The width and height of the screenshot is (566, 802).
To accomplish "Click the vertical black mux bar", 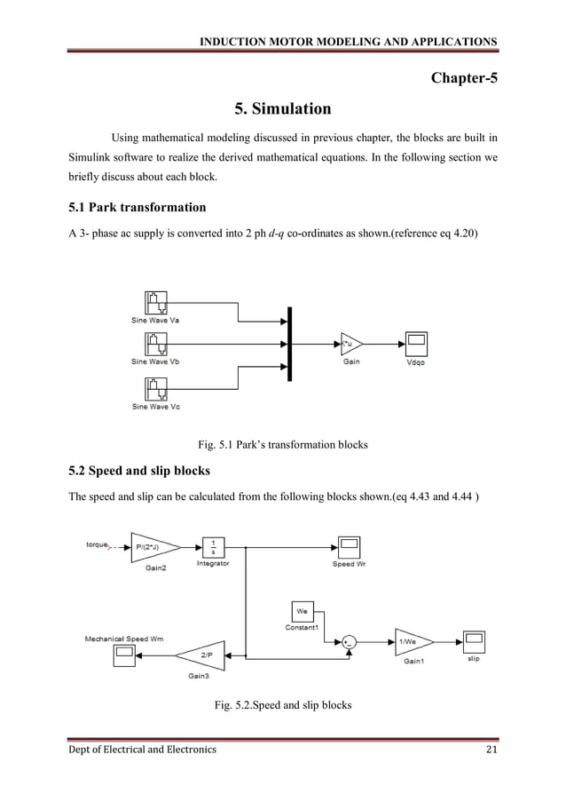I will click(x=289, y=342).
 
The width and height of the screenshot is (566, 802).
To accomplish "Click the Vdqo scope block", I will click(x=415, y=343).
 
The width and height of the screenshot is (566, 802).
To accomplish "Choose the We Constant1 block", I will click(x=303, y=611).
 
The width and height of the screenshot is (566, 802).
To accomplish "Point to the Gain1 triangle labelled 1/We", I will click(x=412, y=641).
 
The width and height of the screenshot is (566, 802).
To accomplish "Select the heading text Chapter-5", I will click(x=464, y=77).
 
